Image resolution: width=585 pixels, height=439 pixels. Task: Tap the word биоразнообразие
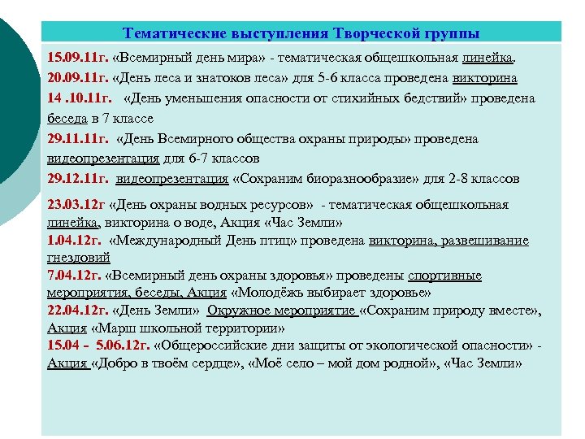click(x=342, y=178)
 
